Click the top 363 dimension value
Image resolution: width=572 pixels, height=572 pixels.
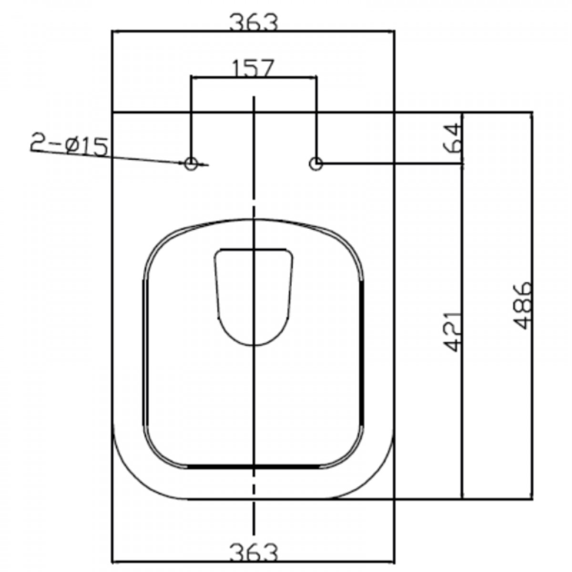click(x=254, y=23)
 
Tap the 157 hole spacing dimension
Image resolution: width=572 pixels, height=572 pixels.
click(x=252, y=68)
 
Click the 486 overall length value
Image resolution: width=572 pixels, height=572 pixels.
click(x=523, y=306)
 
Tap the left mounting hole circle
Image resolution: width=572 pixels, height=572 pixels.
click(x=191, y=163)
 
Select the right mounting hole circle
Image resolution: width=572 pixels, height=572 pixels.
click(x=316, y=163)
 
